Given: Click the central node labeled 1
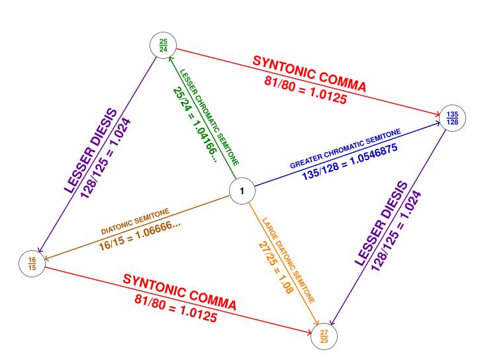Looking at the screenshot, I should click(x=242, y=191).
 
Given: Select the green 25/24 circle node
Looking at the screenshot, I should click(x=163, y=46).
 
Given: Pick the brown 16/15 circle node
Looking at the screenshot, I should click(x=32, y=264).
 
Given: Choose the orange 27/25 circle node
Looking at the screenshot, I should click(x=323, y=337).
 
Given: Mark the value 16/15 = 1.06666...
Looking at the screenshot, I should click(x=140, y=234).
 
